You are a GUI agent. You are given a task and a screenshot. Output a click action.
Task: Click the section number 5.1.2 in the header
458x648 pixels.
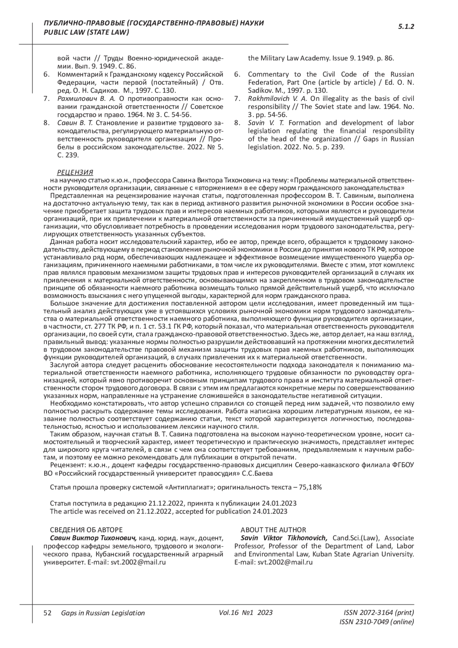tap(406, 27)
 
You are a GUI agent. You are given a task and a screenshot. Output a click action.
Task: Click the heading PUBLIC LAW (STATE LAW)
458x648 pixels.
tap(87, 32)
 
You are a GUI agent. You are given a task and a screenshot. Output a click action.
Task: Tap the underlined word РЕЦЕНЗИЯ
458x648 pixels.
tap(75, 172)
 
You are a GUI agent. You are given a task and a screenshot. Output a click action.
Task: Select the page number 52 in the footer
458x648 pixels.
tap(48, 613)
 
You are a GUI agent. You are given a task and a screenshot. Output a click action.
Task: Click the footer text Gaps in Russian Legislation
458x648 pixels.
tap(103, 613)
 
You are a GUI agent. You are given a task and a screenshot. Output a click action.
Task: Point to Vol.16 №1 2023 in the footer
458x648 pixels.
tap(246, 612)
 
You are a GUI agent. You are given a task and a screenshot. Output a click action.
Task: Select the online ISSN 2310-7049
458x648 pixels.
tap(376, 622)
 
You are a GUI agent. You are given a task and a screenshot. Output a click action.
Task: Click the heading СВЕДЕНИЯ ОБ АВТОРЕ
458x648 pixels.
tap(86, 530)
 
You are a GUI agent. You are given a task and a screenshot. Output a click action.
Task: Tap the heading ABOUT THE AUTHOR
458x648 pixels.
tap(273, 530)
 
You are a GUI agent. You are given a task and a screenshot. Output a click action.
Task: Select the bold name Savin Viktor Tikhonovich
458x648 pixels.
tap(284, 538)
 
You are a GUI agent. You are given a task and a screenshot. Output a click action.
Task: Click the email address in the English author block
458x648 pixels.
tap(285, 562)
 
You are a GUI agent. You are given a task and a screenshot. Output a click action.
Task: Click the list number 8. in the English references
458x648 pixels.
tap(237, 123)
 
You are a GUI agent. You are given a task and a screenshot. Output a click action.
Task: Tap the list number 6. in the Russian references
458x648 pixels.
tap(47, 74)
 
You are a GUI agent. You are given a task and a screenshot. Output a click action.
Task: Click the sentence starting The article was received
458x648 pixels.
tap(168, 511)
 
